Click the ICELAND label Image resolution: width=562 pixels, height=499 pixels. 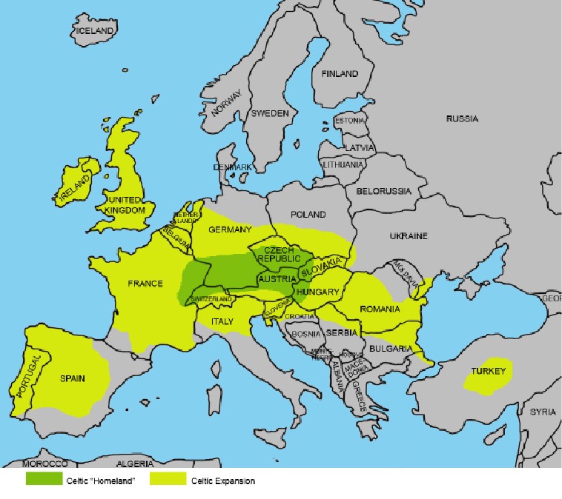(94, 31)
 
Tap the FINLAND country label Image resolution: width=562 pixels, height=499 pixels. (339, 74)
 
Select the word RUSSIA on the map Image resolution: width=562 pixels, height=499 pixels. (462, 118)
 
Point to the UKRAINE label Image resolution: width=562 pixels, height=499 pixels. (409, 236)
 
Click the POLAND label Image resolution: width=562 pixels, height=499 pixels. (308, 215)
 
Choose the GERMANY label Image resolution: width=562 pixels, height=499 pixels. (231, 230)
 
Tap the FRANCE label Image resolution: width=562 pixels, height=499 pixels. (145, 284)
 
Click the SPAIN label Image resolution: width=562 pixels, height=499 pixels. (72, 378)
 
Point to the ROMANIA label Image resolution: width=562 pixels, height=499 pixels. (380, 309)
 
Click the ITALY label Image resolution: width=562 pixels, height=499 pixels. (222, 321)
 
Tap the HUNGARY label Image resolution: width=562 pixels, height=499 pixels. (317, 292)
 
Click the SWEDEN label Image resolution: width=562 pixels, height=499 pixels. (269, 114)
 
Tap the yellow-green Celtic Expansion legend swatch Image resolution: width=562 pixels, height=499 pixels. (168, 480)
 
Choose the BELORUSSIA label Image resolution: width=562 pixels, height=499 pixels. (383, 191)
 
